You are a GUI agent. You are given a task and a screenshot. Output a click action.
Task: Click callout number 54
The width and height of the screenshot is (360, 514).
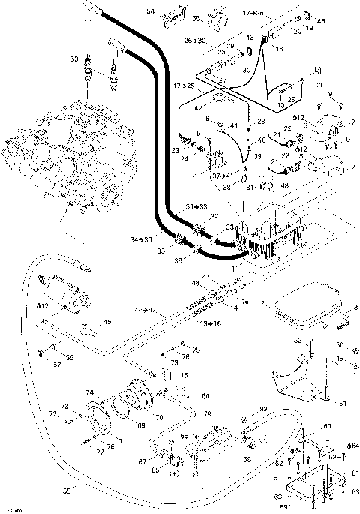click(150, 12)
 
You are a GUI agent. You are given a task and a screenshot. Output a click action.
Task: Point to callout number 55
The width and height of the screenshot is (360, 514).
click(196, 17)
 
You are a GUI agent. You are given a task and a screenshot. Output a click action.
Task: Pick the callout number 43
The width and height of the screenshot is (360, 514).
click(322, 20)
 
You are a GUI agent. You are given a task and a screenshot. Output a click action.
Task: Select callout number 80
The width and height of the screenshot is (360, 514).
click(205, 395)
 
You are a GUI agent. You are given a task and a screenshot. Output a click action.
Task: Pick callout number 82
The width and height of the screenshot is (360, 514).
click(263, 407)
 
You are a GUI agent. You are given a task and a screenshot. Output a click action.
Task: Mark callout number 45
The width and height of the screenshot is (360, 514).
click(107, 323)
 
